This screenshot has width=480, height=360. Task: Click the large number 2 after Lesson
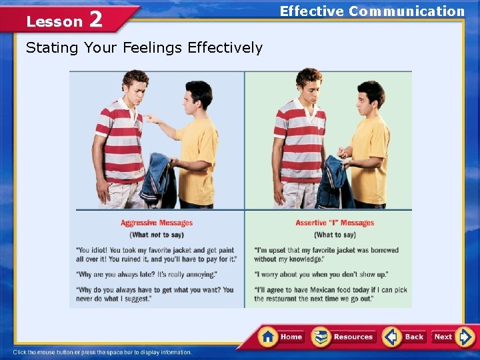[95, 20]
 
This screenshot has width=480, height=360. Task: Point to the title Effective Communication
[372, 11]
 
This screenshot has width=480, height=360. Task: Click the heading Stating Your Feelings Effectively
[144, 48]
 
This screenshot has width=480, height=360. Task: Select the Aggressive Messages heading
[157, 223]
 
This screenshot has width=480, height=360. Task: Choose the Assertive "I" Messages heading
[335, 223]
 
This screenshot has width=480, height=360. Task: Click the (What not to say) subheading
[157, 235]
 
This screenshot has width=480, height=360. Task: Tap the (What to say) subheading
[335, 235]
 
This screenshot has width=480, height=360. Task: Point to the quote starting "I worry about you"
[321, 275]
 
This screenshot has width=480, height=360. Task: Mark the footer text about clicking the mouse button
[102, 352]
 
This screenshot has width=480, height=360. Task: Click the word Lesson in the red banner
[54, 22]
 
